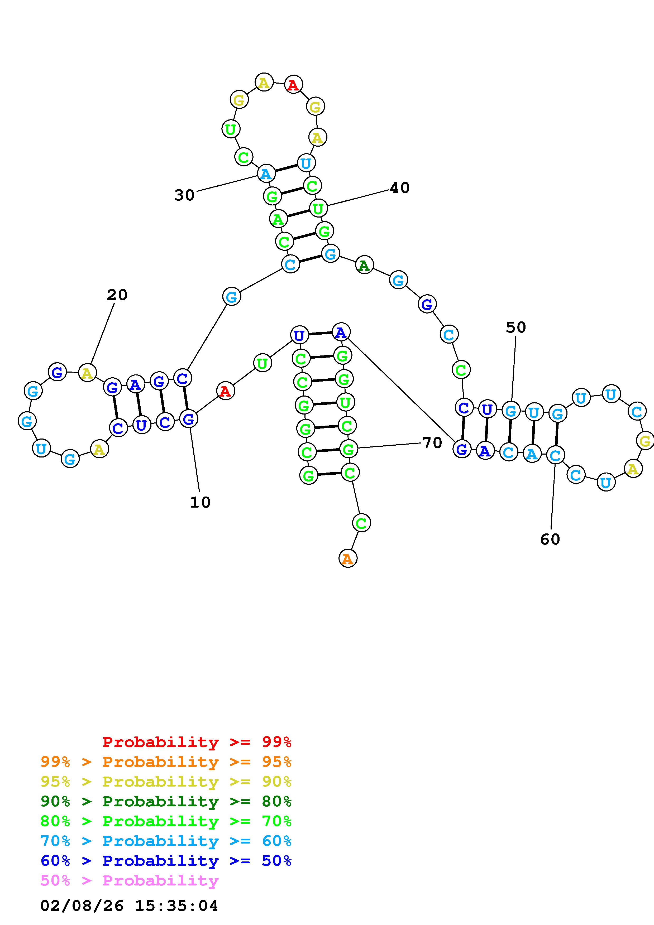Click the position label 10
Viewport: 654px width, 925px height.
[x=200, y=502]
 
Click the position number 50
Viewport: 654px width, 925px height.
[x=516, y=327]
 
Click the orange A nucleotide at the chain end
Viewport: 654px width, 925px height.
[x=348, y=558]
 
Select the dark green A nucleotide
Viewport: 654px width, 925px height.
[x=364, y=265]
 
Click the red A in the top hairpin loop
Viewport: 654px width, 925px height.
[x=293, y=85]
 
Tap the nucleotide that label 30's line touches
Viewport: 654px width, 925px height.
[x=266, y=174]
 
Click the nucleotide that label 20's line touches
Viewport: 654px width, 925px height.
[x=87, y=373]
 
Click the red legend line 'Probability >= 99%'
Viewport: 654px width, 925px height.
[x=197, y=742]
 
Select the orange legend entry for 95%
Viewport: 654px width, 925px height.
[x=166, y=762]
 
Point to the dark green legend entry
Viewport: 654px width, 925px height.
[x=166, y=801]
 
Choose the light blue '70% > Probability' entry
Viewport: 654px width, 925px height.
[x=166, y=841]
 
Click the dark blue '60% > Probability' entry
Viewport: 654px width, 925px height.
[x=166, y=861]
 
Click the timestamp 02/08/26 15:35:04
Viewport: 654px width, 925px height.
[x=129, y=906]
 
